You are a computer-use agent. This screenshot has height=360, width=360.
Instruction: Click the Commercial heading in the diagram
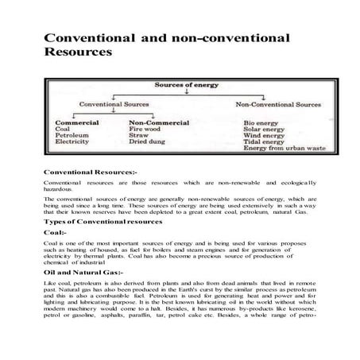click(x=76, y=122)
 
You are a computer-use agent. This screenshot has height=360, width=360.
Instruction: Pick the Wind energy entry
click(x=265, y=136)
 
